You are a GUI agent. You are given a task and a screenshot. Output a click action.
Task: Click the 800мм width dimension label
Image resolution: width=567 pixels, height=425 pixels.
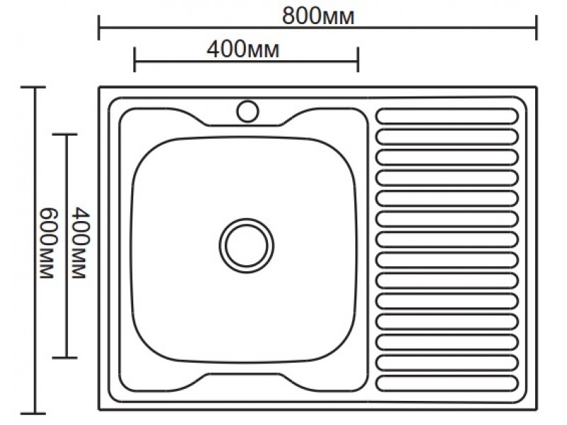(x=318, y=16)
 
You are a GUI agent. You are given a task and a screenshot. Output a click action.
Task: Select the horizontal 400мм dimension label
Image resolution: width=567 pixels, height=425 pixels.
(x=243, y=49)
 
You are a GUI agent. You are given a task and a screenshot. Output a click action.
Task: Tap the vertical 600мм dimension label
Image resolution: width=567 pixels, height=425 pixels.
(x=47, y=243)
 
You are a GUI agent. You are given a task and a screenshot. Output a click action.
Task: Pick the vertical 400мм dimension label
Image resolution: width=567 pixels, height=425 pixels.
(x=80, y=243)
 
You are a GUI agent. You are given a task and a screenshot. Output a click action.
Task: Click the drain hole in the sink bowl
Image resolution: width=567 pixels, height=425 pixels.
(x=246, y=245)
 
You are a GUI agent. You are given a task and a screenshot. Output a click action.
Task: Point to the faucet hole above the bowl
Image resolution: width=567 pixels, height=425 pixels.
(x=247, y=111)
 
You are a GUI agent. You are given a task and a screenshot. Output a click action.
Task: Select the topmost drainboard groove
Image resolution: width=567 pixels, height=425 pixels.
(x=447, y=116)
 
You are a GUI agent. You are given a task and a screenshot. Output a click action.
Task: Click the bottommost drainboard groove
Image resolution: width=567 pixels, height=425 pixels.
(x=447, y=383)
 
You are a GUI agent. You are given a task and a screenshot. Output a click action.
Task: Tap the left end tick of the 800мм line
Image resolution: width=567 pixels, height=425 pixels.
(x=99, y=28)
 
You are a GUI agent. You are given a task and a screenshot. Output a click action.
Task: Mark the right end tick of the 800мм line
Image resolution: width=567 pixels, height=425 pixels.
(x=537, y=28)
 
